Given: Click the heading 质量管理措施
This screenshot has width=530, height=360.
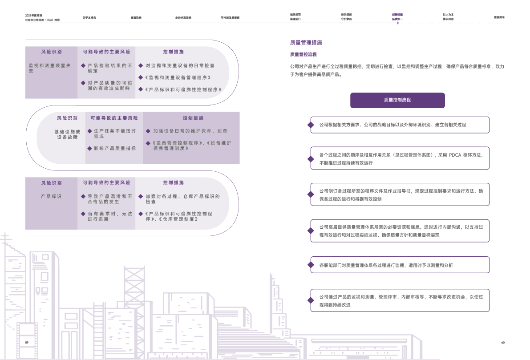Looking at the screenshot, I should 306,43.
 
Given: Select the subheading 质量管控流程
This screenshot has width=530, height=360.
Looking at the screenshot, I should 303,54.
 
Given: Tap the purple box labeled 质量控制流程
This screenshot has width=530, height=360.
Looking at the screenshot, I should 397,100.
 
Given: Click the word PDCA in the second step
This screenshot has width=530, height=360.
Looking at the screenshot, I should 455,155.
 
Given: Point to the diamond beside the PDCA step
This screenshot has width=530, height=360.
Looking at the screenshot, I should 311,158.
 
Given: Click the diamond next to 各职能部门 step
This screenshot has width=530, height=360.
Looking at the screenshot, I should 311,265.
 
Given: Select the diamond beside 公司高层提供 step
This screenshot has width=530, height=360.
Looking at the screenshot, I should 311,231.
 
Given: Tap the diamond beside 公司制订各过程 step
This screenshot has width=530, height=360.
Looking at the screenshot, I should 311,194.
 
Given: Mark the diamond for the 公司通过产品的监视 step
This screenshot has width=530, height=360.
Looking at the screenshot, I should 311,300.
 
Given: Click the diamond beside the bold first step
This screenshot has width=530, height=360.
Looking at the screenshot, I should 311,125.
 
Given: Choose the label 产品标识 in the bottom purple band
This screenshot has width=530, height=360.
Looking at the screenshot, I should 51,196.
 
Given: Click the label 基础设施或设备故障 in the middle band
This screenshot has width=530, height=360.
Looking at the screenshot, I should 67,134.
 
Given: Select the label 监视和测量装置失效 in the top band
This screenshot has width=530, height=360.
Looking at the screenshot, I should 49,68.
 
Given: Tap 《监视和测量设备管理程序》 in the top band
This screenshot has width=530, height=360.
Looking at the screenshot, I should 178,77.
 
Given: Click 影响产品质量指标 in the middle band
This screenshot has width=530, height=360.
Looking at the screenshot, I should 114,148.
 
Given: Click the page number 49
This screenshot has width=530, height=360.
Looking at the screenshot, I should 502,342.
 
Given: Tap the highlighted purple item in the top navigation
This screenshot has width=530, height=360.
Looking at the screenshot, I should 397,17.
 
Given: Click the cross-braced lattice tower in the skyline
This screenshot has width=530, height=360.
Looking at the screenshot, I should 134,285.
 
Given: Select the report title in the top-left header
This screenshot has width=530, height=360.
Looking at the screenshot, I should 42,17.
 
